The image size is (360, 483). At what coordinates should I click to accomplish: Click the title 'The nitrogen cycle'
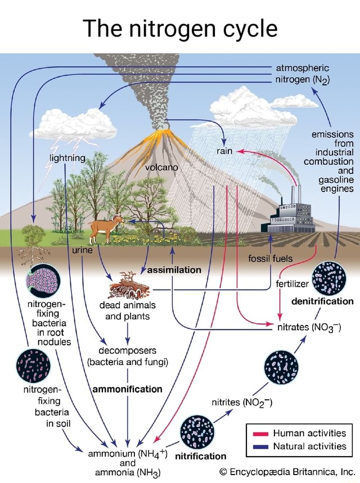[180, 28]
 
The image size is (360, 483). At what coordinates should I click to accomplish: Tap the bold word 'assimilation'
[174, 270]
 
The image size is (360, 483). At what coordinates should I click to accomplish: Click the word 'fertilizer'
[288, 285]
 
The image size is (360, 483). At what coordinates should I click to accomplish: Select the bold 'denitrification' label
[322, 301]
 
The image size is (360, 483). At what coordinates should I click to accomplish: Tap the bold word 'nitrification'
[201, 455]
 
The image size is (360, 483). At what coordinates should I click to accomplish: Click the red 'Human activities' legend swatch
[259, 433]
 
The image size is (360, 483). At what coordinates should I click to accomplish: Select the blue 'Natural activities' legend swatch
[259, 446]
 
